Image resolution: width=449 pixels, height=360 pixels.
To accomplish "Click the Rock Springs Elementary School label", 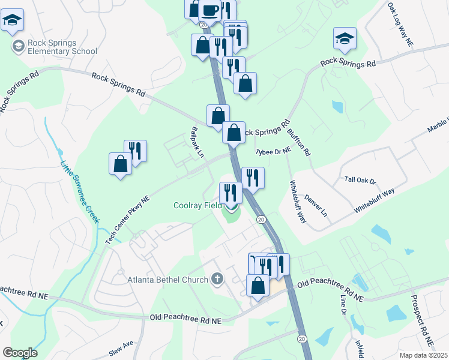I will [62, 46].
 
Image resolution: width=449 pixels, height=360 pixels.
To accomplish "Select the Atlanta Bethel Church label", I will [167, 279].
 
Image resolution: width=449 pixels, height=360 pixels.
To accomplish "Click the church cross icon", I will [217, 279].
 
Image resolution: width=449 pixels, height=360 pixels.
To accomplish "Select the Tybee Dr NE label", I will [273, 152].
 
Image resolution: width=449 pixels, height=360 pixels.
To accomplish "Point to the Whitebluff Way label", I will [298, 202].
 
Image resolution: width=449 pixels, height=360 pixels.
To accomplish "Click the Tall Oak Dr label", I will [360, 180].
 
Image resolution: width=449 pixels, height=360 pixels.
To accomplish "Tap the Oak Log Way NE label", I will [401, 25].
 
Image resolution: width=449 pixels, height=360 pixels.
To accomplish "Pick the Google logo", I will [20, 353].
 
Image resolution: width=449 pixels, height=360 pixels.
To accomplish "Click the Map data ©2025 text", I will [423, 355].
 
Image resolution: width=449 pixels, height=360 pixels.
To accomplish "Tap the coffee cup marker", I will [210, 10].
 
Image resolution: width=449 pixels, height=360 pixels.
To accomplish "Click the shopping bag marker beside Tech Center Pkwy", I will [120, 163].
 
